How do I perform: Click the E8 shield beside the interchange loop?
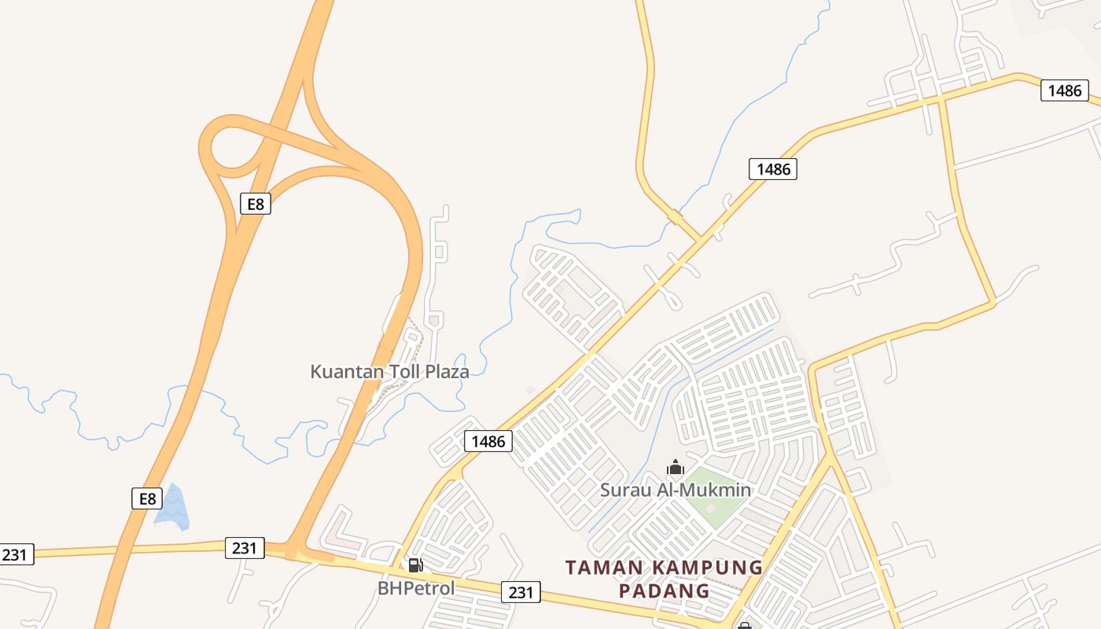pos(255,204)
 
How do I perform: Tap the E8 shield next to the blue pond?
pos(146,498)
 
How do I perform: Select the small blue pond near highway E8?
pos(173,508)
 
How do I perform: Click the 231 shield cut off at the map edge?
pos(16,554)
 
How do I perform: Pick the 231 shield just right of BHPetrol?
pos(521,592)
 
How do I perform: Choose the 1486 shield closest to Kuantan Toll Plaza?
pos(488,441)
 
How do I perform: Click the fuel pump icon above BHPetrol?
pos(415,565)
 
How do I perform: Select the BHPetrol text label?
pos(416,588)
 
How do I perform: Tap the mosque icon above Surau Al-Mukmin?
pos(675,469)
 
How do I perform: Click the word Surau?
pos(624,491)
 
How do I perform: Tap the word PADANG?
pos(665,590)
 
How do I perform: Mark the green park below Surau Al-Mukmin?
pos(709,503)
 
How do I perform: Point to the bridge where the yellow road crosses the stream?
pos(675,217)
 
